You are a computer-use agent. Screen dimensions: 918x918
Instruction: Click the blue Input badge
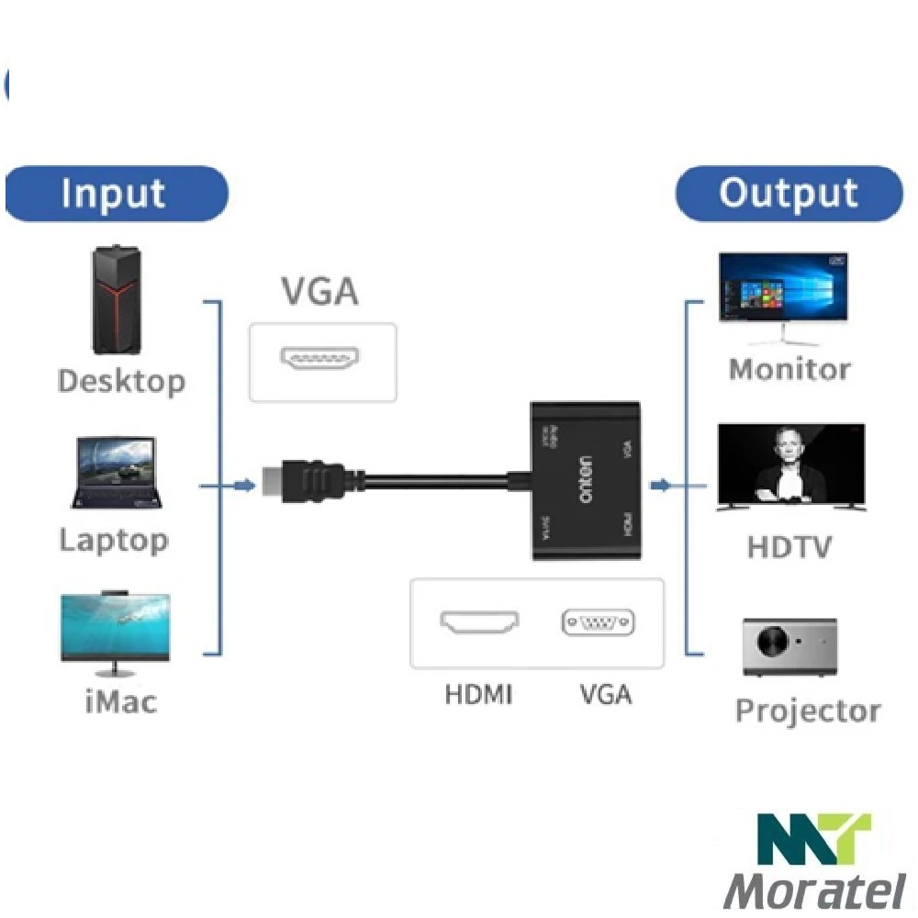116,194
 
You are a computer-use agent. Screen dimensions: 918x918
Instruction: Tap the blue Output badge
789,194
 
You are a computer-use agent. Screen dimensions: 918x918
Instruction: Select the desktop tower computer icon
118,300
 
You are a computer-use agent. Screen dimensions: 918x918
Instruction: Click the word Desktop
120,381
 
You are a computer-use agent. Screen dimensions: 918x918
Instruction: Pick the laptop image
118,473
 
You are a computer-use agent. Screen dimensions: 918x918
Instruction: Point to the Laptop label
114,540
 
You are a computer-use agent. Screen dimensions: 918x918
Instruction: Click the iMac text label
119,702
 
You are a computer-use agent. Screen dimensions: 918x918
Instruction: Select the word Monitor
789,369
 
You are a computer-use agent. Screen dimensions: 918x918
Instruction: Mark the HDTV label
789,548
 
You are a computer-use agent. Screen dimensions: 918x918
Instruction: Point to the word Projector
808,711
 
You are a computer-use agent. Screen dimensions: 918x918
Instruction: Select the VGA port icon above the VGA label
599,623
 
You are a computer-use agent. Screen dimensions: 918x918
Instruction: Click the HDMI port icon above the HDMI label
479,623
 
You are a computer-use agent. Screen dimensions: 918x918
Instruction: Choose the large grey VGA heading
319,292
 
